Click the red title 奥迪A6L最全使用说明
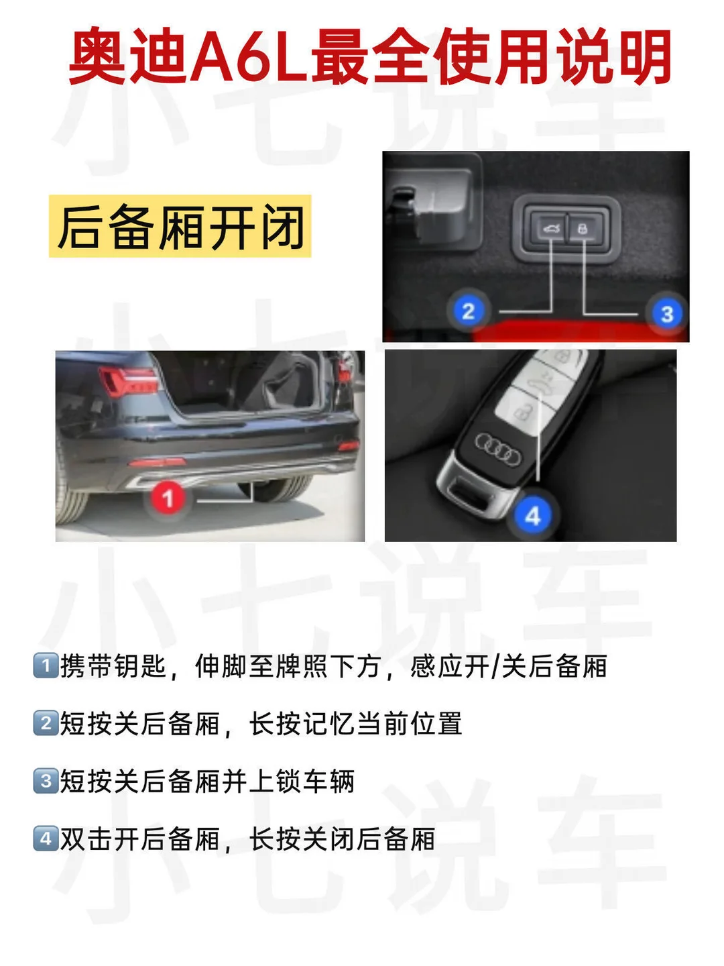[369, 56]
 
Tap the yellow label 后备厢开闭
[180, 226]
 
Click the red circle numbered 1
[168, 498]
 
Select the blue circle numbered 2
[468, 311]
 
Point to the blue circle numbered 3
[667, 313]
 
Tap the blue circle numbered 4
[533, 515]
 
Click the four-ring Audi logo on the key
[497, 449]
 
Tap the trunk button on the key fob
[540, 384]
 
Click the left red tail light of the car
[128, 380]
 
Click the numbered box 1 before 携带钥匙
[46, 666]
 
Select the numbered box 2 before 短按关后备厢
[46, 724]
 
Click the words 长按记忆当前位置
[355, 724]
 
